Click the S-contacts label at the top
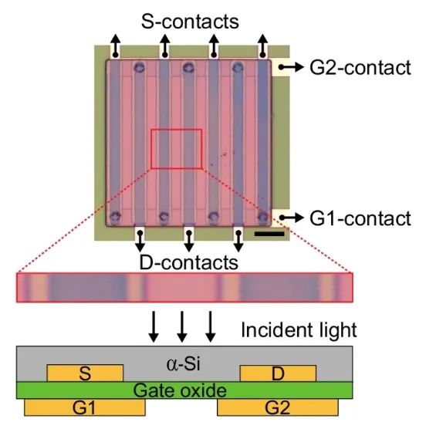pyautogui.click(x=190, y=22)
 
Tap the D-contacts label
pyautogui.click(x=189, y=262)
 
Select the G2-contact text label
pyautogui.click(x=360, y=68)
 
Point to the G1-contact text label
pyautogui.click(x=360, y=218)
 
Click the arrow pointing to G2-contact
pyautogui.click(x=291, y=67)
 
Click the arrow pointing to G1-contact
pyautogui.click(x=291, y=218)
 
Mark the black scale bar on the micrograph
pyautogui.click(x=269, y=234)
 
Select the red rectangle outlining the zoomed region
pyautogui.click(x=151, y=149)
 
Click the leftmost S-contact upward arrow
pyautogui.click(x=116, y=46)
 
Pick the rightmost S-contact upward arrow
pyautogui.click(x=262, y=46)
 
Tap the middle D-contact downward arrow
pyautogui.click(x=189, y=241)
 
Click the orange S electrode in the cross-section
pyautogui.click(x=85, y=373)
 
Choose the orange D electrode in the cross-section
pyautogui.click(x=278, y=373)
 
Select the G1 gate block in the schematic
pyautogui.click(x=85, y=407)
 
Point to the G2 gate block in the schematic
pyautogui.click(x=278, y=407)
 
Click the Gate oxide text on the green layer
pyautogui.click(x=180, y=390)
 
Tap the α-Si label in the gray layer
pyautogui.click(x=184, y=364)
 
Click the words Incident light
pyautogui.click(x=299, y=330)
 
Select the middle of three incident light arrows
pyautogui.click(x=182, y=326)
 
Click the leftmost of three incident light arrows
pyautogui.click(x=154, y=326)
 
